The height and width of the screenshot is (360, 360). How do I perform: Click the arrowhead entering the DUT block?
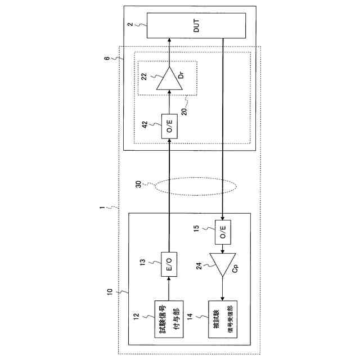pyautogui.click(x=169, y=41)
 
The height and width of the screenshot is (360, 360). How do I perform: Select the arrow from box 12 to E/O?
pyautogui.click(x=169, y=288)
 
